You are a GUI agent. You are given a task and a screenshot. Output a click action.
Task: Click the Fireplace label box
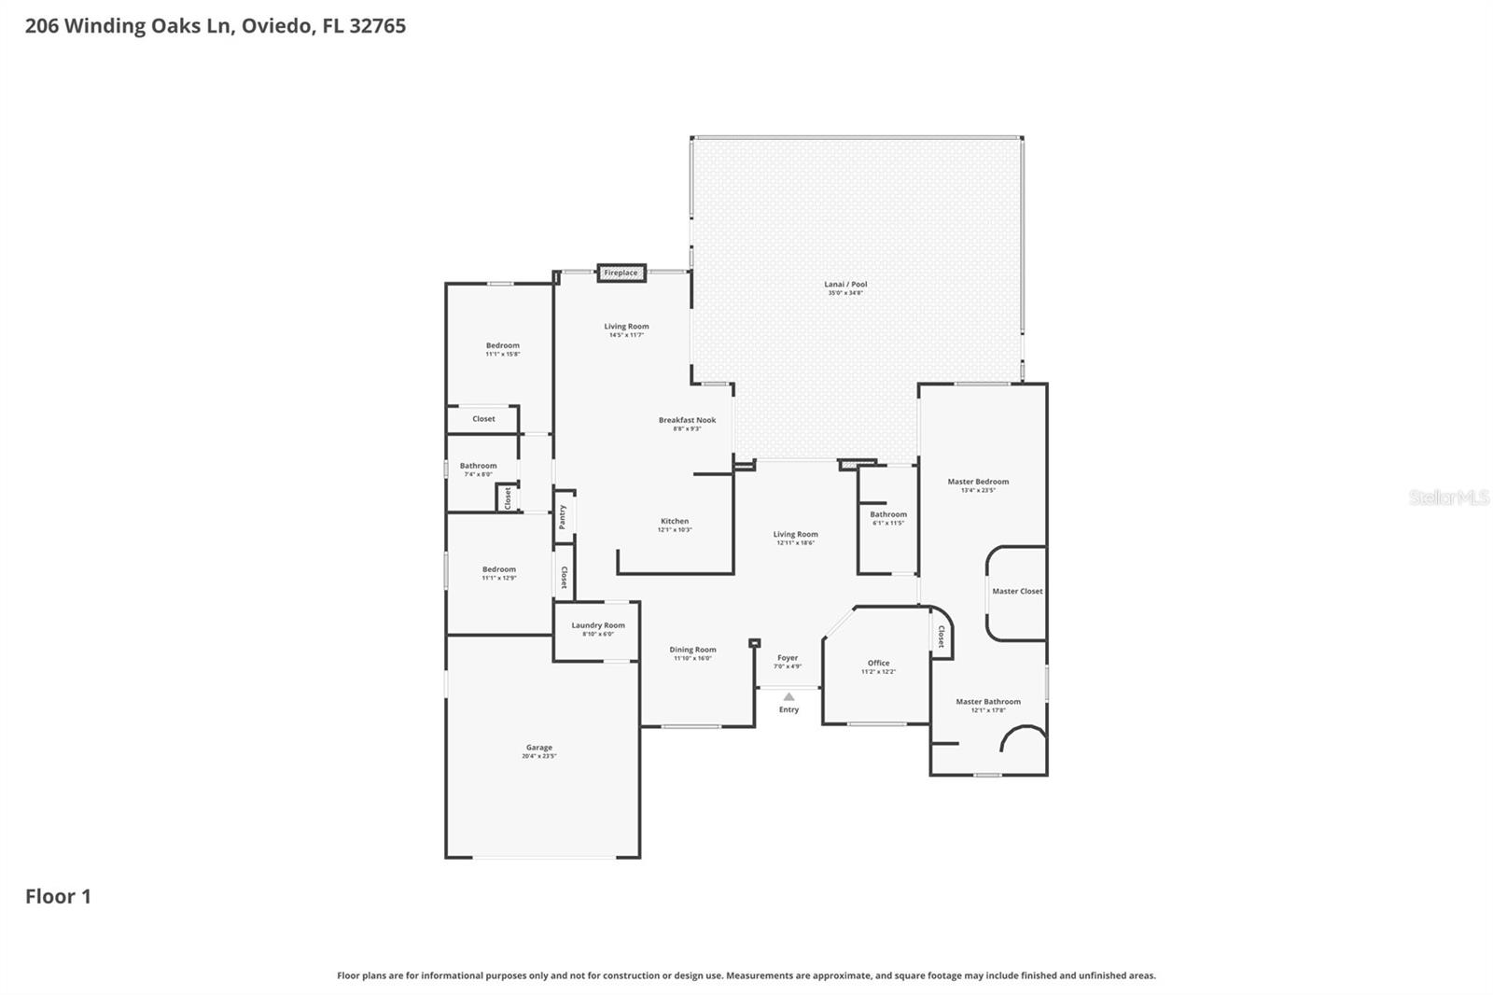pyautogui.click(x=621, y=273)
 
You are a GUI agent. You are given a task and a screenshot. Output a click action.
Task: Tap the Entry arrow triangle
pyautogui.click(x=788, y=696)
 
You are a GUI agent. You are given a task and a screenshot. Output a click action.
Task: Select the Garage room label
pyautogui.click(x=538, y=748)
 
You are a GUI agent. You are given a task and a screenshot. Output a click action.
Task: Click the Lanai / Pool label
pyautogui.click(x=845, y=284)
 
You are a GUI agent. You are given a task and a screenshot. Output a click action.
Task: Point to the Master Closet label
pyautogui.click(x=1017, y=591)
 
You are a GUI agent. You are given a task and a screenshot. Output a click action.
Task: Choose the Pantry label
pyautogui.click(x=563, y=517)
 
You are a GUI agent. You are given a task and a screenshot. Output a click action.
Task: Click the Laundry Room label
pyautogui.click(x=598, y=625)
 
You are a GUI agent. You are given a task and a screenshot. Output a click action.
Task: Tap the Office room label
pyautogui.click(x=878, y=663)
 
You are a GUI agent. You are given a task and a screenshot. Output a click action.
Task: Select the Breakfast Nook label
pyautogui.click(x=687, y=420)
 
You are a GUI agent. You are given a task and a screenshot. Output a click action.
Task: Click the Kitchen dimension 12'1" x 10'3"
pyautogui.click(x=675, y=530)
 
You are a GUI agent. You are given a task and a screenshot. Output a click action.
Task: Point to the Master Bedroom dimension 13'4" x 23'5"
pyautogui.click(x=978, y=490)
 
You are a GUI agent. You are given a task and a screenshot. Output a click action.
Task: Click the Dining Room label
pyautogui.click(x=692, y=650)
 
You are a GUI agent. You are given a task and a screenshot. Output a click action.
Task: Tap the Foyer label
pyautogui.click(x=788, y=658)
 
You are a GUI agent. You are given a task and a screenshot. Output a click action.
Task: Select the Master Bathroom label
pyautogui.click(x=988, y=702)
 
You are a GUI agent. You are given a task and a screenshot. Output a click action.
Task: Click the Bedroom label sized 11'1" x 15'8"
pyautogui.click(x=502, y=345)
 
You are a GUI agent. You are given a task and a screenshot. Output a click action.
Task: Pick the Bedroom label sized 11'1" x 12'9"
pyautogui.click(x=499, y=569)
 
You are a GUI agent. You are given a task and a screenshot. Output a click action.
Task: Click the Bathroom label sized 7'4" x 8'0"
pyautogui.click(x=478, y=466)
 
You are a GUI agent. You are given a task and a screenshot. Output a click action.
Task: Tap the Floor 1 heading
pyautogui.click(x=58, y=896)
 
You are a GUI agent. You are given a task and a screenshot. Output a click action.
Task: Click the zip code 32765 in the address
pyautogui.click(x=377, y=25)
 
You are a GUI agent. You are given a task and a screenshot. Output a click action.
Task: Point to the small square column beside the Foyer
pyautogui.click(x=754, y=643)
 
